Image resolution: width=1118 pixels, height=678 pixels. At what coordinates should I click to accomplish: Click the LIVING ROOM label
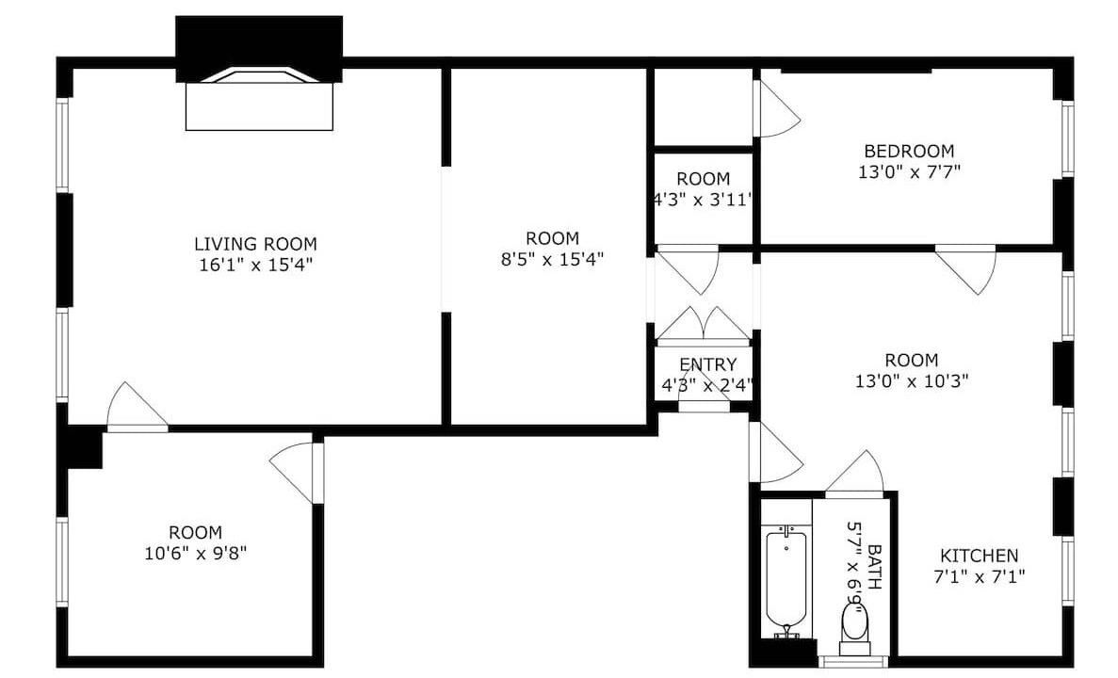pos(255,244)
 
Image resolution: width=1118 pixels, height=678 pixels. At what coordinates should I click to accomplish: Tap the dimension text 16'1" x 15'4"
pos(256,266)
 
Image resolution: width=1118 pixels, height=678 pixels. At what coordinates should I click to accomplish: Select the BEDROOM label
pos(909,152)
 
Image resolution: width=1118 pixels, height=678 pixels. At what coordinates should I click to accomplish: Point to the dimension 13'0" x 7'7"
pos(909,171)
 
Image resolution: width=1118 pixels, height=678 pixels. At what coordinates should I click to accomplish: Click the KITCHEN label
pos(979,556)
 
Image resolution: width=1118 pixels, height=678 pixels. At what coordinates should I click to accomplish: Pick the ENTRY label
pos(707,365)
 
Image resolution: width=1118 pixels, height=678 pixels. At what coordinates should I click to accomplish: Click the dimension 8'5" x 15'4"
pos(553,259)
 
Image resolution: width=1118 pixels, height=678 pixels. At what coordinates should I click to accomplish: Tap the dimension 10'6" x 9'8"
pos(195,553)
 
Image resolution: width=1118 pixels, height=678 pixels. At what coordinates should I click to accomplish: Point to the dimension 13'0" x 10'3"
pos(911,380)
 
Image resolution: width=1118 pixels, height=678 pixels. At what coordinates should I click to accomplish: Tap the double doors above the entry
pos(703,325)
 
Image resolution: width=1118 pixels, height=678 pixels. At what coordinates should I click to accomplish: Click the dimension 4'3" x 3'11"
pos(703,200)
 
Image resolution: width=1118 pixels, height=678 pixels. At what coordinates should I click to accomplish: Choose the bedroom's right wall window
pos(1067,139)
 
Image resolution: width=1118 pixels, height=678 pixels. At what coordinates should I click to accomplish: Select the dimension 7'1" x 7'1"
pos(979,576)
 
